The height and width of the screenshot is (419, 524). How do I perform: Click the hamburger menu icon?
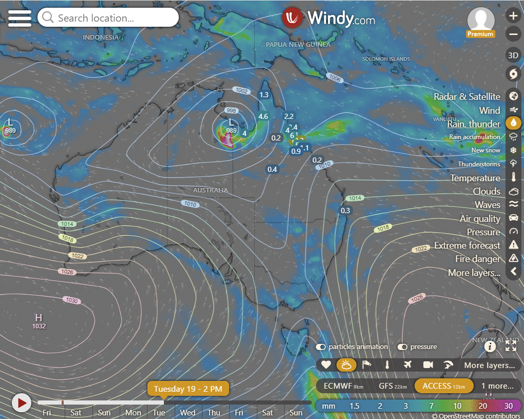(20, 18)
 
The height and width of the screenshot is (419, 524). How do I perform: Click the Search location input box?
(108, 18)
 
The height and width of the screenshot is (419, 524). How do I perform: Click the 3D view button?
(513, 55)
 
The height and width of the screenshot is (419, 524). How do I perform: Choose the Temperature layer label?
(475, 178)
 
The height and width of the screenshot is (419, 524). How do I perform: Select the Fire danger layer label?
(477, 259)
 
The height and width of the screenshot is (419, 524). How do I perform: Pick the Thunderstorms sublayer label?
(479, 164)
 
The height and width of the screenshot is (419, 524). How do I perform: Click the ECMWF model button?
(343, 386)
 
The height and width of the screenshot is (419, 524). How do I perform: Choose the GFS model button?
(392, 386)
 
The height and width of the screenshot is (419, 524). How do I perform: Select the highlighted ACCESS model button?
(443, 386)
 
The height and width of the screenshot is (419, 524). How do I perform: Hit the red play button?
(22, 403)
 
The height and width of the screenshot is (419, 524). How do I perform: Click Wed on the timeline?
(188, 412)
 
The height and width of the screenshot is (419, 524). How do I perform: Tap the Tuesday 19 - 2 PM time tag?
(188, 389)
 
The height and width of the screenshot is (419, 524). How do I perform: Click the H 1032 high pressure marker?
(39, 321)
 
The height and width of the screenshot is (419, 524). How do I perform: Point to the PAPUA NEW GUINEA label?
(298, 45)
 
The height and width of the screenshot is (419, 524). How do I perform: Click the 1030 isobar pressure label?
(71, 300)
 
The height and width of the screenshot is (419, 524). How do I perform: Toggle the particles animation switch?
(322, 347)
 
